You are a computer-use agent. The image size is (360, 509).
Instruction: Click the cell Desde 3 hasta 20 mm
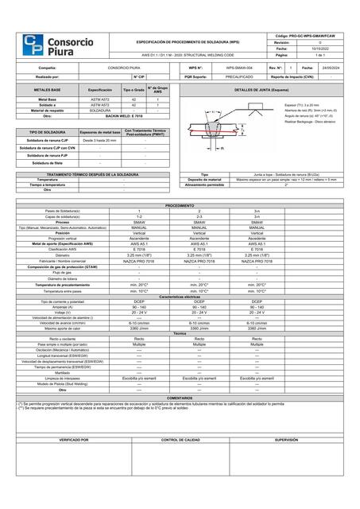pyautogui.click(x=100, y=140)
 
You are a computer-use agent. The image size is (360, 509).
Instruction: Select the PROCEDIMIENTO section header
pyautogui.click(x=180, y=204)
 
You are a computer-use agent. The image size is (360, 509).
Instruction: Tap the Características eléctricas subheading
pyautogui.click(x=180, y=296)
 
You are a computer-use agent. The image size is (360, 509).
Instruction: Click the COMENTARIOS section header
pyautogui.click(x=180, y=397)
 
